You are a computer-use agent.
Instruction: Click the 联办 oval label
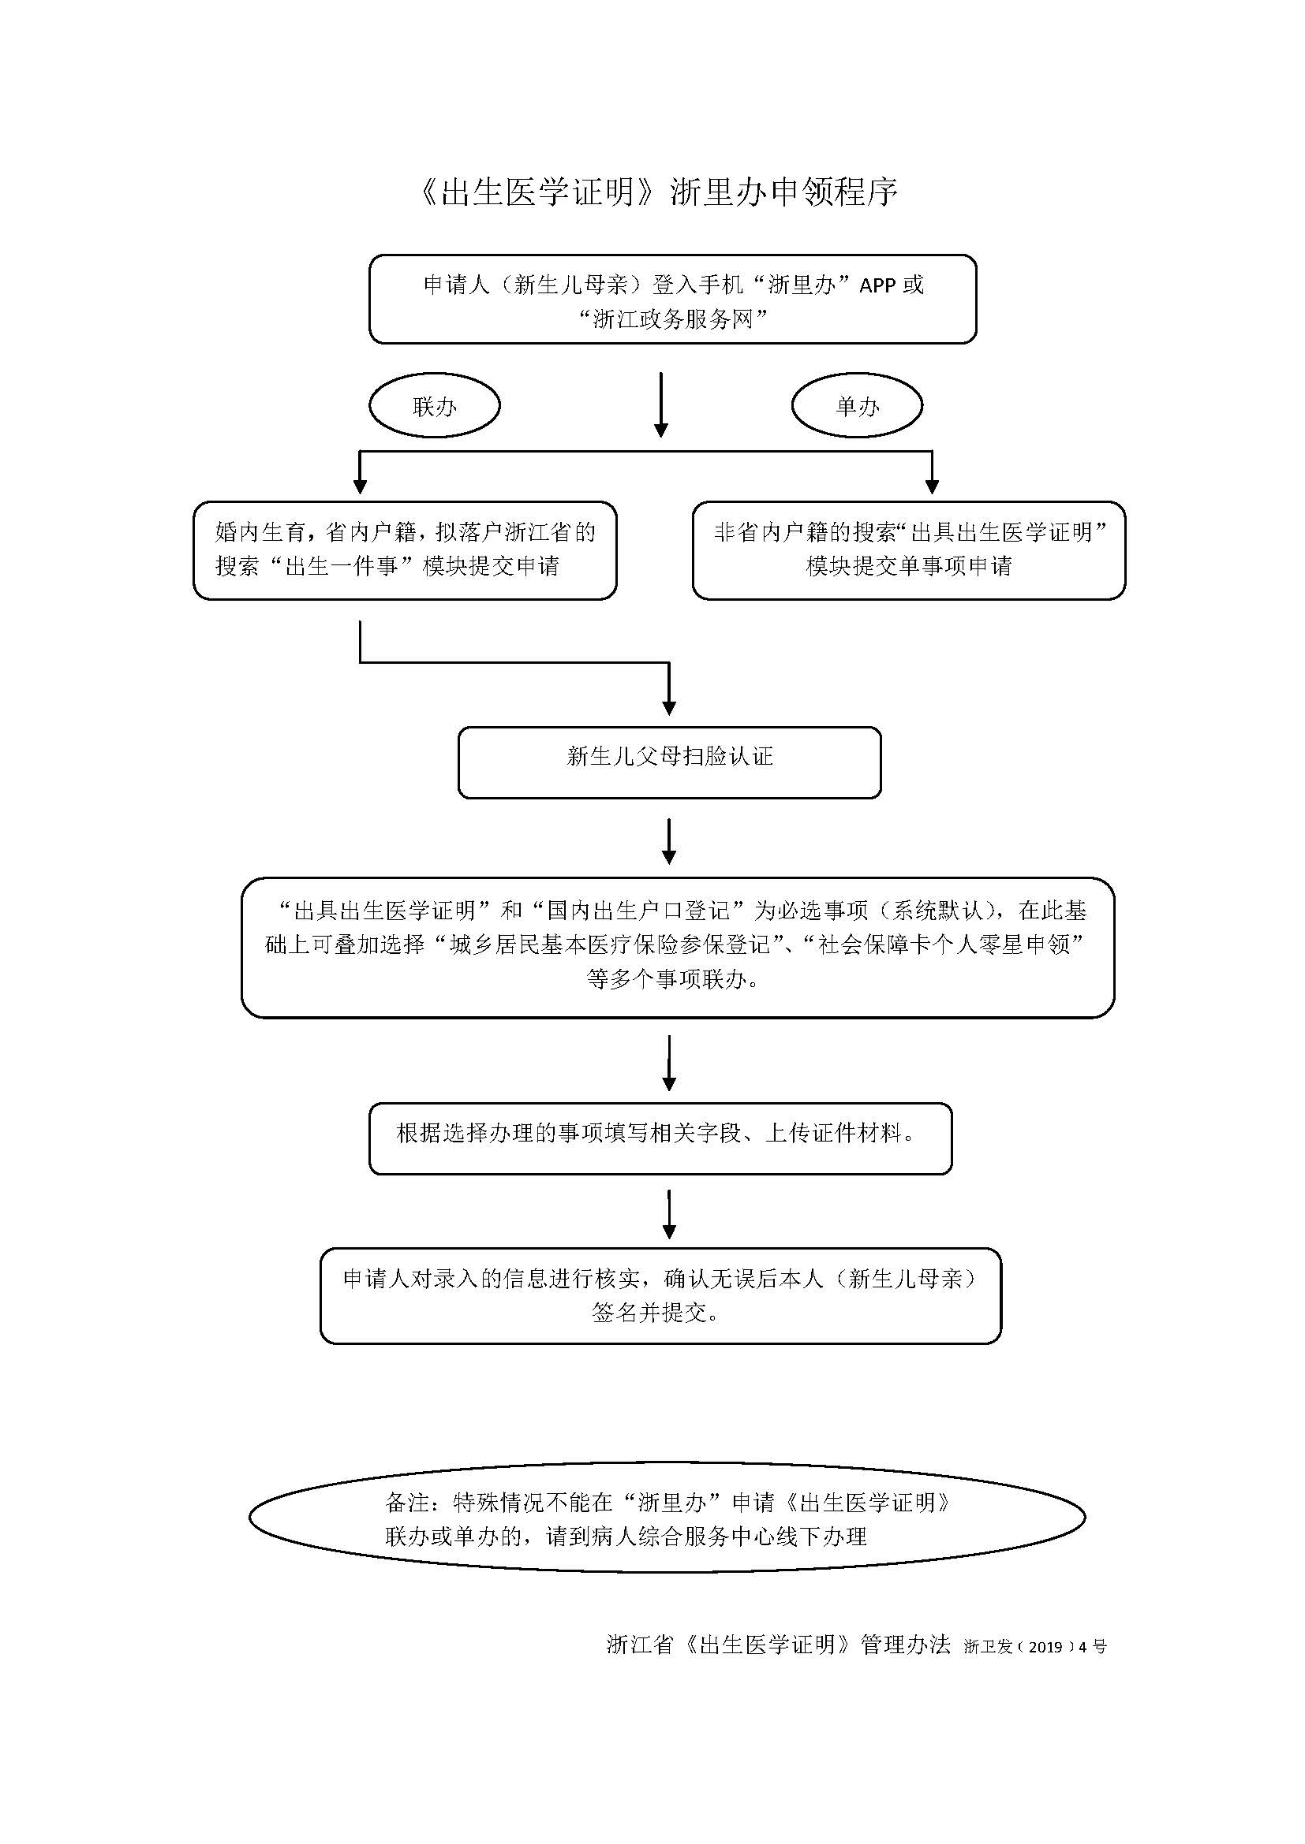(x=435, y=405)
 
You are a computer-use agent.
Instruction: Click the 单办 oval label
(x=858, y=405)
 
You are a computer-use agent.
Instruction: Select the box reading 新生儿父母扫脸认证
(x=669, y=762)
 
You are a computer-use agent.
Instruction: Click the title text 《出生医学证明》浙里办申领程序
(x=657, y=192)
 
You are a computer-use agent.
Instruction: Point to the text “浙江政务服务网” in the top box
(x=672, y=319)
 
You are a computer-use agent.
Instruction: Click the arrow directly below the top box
(x=661, y=404)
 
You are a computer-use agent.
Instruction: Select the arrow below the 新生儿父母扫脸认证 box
(x=669, y=842)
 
